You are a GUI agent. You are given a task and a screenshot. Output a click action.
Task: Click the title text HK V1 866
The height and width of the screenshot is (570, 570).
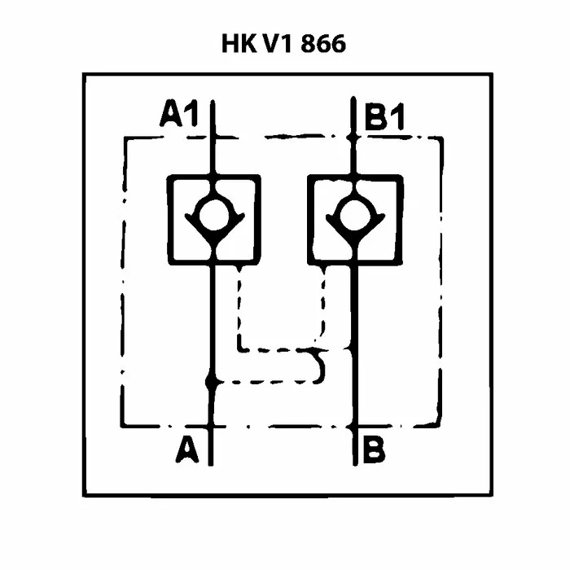(283, 44)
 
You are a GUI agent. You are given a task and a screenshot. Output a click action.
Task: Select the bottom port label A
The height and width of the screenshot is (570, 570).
(186, 449)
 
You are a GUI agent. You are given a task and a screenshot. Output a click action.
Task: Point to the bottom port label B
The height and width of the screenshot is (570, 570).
(375, 449)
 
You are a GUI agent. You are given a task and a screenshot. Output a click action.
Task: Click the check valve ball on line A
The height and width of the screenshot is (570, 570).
(213, 213)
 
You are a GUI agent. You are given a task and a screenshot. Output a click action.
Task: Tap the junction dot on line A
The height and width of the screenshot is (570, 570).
(212, 380)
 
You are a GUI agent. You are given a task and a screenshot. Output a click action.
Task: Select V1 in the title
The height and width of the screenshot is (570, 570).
(279, 44)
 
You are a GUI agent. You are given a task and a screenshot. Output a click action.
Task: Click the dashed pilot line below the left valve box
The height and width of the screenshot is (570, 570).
(239, 309)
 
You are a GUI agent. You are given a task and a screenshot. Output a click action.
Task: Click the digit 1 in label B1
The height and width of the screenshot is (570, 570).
(399, 118)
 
